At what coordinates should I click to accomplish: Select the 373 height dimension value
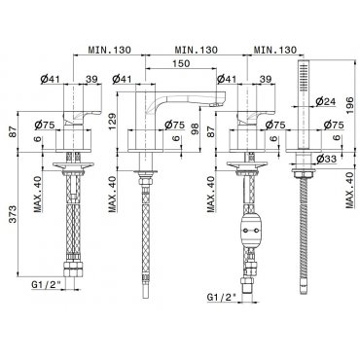[x=13, y=214]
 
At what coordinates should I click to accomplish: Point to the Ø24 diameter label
[x=325, y=102]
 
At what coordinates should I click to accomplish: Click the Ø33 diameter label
[x=326, y=159]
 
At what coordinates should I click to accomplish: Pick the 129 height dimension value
[x=112, y=122]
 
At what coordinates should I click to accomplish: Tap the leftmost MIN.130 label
[x=110, y=50]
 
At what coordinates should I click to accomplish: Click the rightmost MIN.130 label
[x=275, y=50]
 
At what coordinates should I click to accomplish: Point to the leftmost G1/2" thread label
[x=47, y=284]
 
